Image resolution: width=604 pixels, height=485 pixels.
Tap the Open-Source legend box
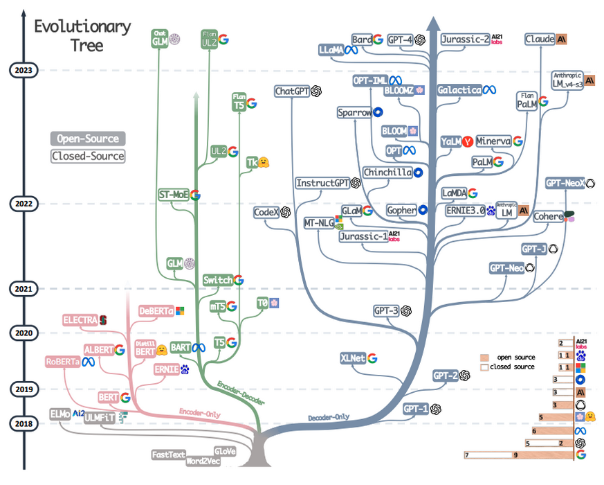88,139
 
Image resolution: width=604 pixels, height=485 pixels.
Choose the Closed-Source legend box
88,156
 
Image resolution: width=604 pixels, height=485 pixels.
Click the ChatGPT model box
291,91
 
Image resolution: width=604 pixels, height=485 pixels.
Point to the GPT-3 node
385,310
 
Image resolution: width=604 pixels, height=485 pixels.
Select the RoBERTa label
62,361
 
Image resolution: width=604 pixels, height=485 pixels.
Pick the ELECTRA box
80,320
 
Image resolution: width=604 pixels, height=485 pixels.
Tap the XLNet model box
352,358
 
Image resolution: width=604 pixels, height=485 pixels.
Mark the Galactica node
459,91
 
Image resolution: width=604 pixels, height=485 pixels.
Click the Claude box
540,39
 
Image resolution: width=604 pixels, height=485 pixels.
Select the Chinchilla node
387,172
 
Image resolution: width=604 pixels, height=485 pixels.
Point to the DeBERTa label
155,312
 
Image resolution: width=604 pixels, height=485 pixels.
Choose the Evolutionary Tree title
83,36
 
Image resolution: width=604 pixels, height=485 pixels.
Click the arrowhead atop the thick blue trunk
433,24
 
